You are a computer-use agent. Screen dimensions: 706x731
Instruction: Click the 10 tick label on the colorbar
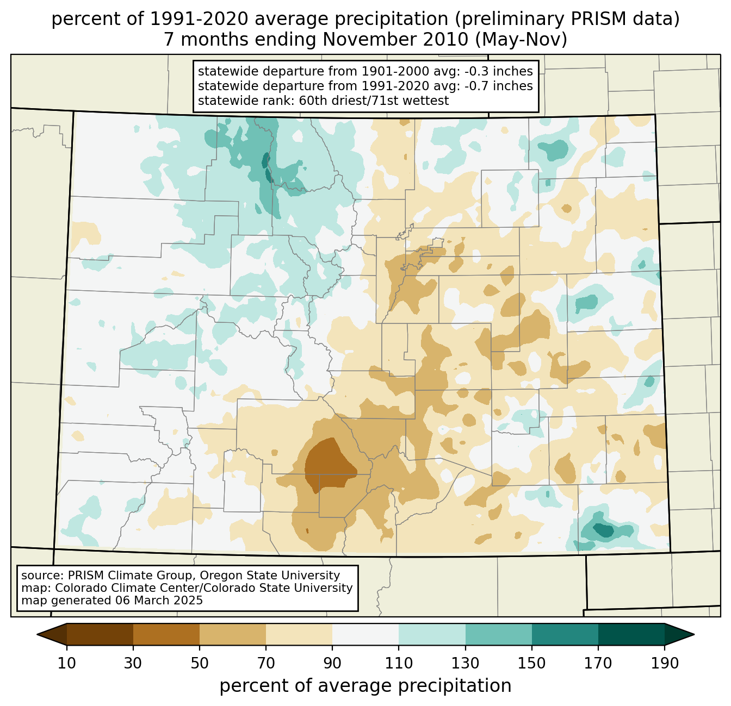point(67,663)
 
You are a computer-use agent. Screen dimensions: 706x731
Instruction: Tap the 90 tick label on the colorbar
point(332,663)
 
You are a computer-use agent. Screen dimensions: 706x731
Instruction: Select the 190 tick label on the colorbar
point(665,663)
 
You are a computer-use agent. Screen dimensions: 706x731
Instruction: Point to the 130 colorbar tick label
point(466,663)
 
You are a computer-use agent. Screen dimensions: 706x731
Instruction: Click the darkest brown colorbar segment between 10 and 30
point(100,634)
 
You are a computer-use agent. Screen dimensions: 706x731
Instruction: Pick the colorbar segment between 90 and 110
point(365,634)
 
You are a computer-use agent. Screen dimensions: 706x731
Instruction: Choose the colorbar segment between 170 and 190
point(631,634)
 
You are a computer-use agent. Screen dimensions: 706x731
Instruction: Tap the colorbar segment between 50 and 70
point(233,634)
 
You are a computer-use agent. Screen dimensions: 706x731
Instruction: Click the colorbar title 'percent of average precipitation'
point(365,686)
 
